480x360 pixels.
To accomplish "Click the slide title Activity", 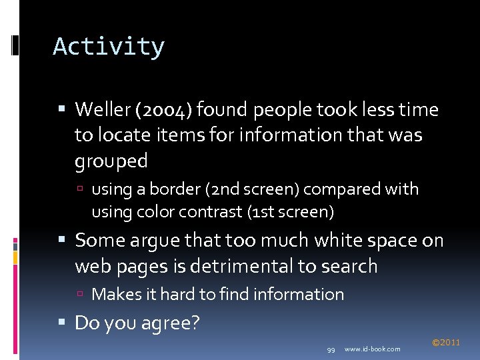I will click(109, 47).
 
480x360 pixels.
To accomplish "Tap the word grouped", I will click(111, 161).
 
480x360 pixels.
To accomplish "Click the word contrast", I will click(219, 213).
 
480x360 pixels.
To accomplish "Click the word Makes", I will click(113, 294).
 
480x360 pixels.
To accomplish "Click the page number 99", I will click(331, 349).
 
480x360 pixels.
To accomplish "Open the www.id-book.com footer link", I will click(373, 349).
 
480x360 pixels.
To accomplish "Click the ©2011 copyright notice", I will click(445, 343).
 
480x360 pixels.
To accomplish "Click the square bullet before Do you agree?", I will click(62, 323).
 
